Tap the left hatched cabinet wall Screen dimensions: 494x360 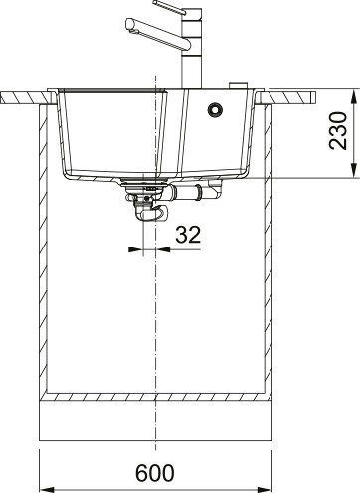[43, 248]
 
